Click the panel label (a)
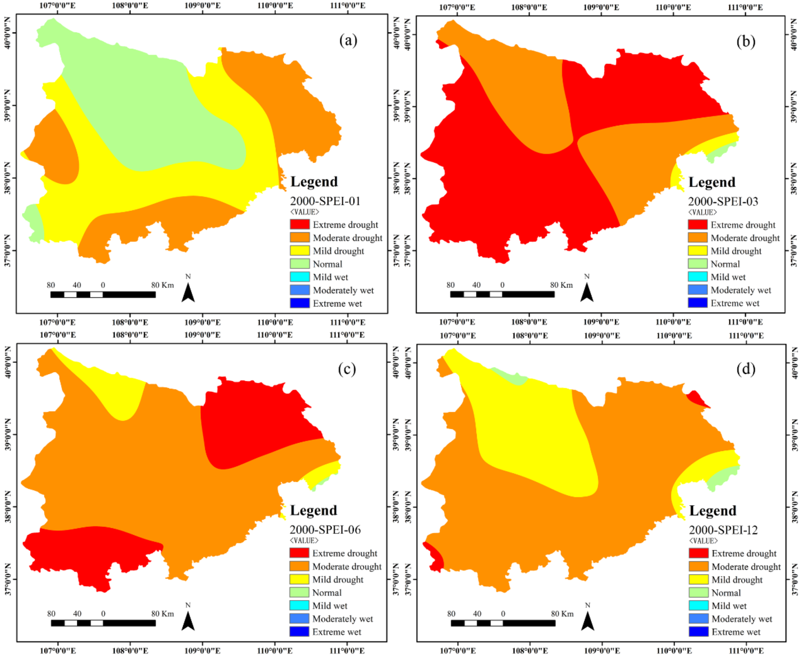click(x=348, y=40)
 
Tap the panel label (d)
click(x=745, y=369)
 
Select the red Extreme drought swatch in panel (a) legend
click(x=299, y=224)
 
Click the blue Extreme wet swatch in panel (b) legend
click(x=697, y=303)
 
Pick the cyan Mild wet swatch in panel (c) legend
click(x=299, y=605)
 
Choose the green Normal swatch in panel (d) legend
click(x=698, y=592)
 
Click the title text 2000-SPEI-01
click(x=325, y=201)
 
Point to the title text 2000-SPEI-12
click(x=723, y=530)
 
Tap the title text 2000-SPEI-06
click(x=325, y=529)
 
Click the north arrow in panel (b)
click(x=586, y=292)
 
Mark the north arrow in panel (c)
click(x=188, y=621)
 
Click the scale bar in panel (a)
click(x=103, y=295)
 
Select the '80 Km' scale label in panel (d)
click(x=562, y=614)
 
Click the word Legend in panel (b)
click(x=712, y=182)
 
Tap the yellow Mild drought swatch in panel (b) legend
click(x=697, y=250)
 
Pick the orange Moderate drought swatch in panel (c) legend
click(x=299, y=566)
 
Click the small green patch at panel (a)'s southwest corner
click(x=34, y=224)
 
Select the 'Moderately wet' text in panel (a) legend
click(x=343, y=290)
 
